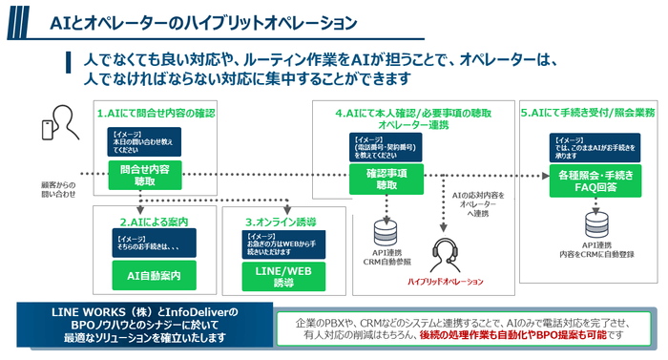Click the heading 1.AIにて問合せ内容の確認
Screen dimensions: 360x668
coord(156,114)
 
